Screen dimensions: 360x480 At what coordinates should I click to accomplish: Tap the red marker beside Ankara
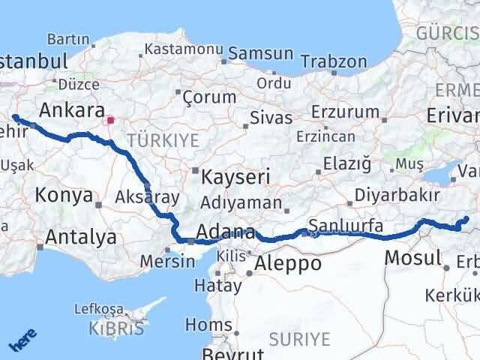pyautogui.click(x=111, y=119)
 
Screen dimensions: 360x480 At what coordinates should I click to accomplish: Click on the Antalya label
pyautogui.click(x=80, y=238)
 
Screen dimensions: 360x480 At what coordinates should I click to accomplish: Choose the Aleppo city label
pyautogui.click(x=288, y=263)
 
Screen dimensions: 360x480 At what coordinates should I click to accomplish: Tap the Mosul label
pyautogui.click(x=412, y=259)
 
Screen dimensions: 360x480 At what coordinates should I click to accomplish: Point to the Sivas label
pyautogui.click(x=271, y=118)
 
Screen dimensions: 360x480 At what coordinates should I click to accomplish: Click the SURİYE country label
pyautogui.click(x=301, y=340)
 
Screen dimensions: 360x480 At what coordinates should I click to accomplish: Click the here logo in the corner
pyautogui.click(x=22, y=343)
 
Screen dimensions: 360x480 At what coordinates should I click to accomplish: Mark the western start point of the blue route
pyautogui.click(x=15, y=117)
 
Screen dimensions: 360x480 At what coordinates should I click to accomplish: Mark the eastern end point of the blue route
pyautogui.click(x=466, y=219)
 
